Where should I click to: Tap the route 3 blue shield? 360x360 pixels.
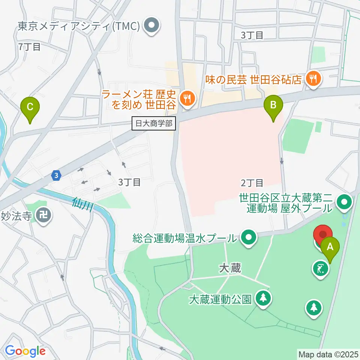56,175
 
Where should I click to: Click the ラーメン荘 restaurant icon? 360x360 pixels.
186,99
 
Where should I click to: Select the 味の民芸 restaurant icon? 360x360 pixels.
312,79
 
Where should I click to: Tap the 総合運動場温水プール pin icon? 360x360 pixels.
248,237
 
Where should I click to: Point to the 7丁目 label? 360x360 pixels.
29,47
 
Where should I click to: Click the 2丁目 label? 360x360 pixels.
252,183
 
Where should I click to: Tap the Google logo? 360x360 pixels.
25,351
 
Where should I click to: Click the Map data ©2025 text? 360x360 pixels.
328,354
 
